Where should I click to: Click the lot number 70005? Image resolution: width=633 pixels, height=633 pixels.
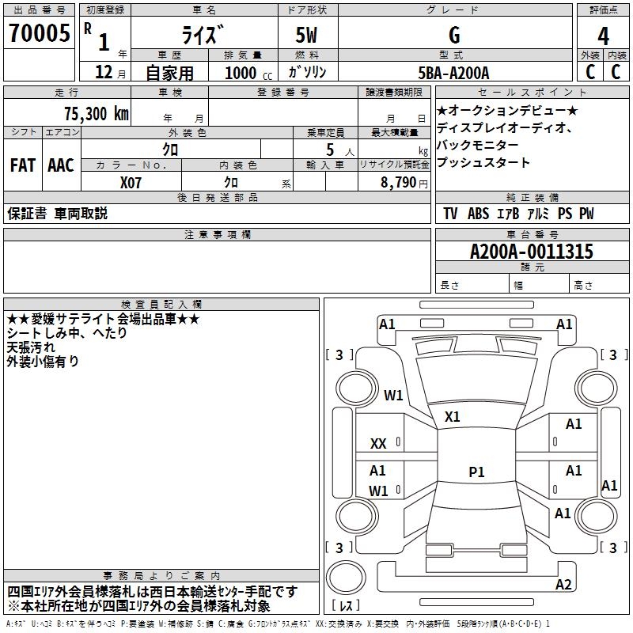[39, 34]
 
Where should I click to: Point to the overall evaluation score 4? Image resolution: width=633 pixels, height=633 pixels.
[603, 36]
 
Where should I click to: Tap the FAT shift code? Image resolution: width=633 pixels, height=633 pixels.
[23, 165]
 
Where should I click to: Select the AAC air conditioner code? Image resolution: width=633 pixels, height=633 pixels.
[61, 165]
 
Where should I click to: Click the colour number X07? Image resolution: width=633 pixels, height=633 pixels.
[131, 182]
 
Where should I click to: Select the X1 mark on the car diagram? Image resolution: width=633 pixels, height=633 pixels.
[453, 416]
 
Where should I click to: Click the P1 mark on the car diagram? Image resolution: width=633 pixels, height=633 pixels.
[476, 472]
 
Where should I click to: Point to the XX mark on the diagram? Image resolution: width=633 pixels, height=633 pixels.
[378, 444]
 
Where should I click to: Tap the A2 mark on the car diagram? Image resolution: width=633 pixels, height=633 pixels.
[563, 585]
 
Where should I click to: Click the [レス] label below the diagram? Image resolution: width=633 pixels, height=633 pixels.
[348, 605]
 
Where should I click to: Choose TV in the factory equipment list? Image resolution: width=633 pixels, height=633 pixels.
[450, 214]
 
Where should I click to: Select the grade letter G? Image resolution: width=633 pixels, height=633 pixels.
[453, 36]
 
